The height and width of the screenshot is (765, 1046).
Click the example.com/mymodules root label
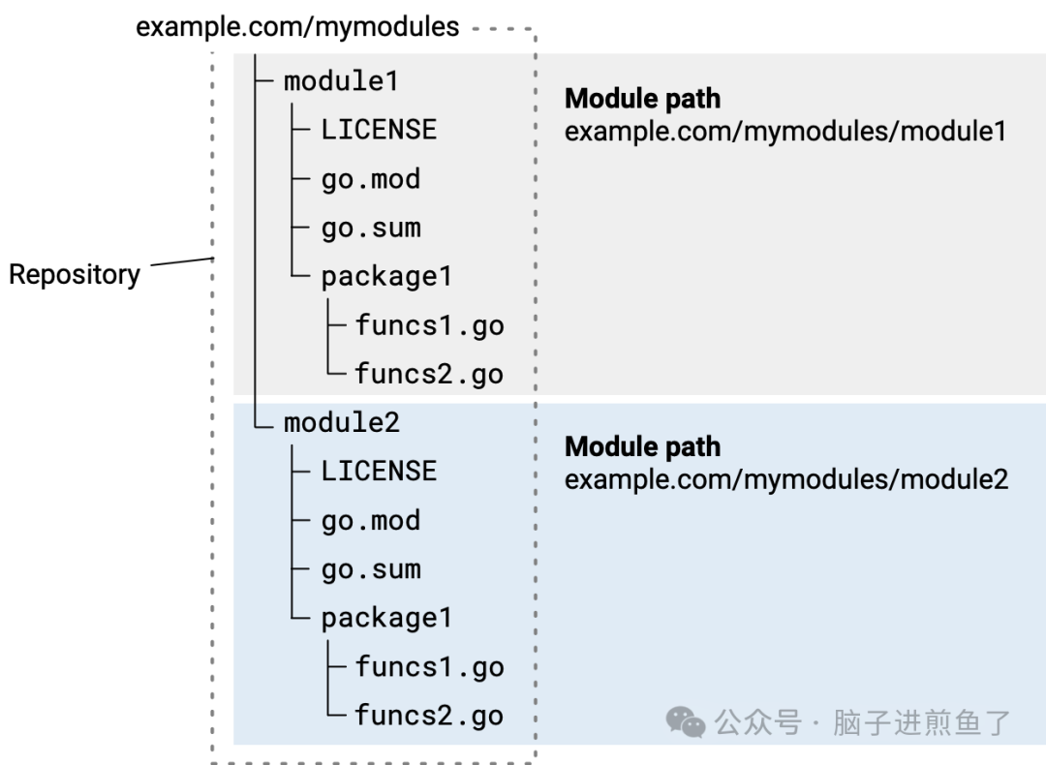click(297, 26)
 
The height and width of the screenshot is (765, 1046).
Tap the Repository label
click(75, 275)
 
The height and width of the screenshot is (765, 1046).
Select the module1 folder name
click(341, 81)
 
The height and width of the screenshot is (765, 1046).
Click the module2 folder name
click(342, 422)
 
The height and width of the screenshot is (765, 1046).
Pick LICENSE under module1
click(379, 130)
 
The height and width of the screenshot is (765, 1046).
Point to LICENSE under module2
click(379, 472)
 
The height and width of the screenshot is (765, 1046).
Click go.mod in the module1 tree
click(371, 179)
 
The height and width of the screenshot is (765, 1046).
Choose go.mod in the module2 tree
click(371, 521)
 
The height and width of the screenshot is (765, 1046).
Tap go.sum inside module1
click(371, 229)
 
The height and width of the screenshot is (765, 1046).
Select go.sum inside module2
click(371, 569)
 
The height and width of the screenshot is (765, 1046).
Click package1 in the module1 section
click(386, 277)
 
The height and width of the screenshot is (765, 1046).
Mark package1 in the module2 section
click(386, 618)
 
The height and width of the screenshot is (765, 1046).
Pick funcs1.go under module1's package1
click(429, 325)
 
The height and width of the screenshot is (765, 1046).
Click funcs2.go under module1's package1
click(429, 374)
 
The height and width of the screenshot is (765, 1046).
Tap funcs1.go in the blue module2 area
click(429, 667)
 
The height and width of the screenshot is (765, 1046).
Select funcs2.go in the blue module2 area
click(429, 716)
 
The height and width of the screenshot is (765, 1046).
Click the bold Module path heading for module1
click(642, 99)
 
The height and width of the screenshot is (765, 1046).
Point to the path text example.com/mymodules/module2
click(786, 479)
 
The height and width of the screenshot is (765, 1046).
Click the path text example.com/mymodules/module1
click(785, 131)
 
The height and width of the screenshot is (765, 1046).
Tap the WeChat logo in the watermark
click(686, 721)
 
